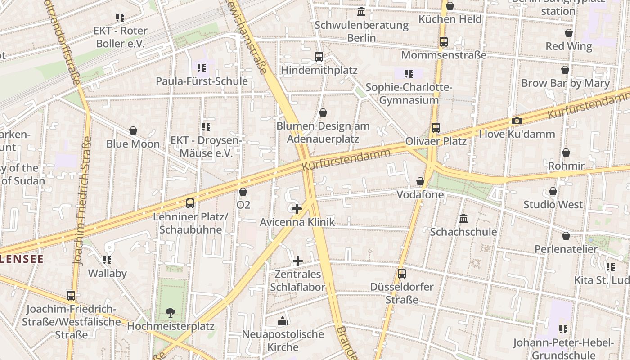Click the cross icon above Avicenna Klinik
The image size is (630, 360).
pyautogui.click(x=297, y=209)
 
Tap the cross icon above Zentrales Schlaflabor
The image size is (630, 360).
pyautogui.click(x=298, y=261)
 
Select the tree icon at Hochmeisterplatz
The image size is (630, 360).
pyautogui.click(x=170, y=312)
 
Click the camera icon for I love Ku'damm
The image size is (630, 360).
pyautogui.click(x=517, y=121)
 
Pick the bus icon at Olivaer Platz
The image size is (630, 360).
pyautogui.click(x=436, y=128)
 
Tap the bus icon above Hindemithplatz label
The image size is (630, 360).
pyautogui.click(x=319, y=57)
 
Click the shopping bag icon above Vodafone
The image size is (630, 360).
pyautogui.click(x=420, y=181)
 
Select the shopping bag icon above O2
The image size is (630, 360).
pyautogui.click(x=243, y=192)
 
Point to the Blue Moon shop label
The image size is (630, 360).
pyautogui.click(x=133, y=144)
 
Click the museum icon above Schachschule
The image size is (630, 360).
pyautogui.click(x=463, y=219)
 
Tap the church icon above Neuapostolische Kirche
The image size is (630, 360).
pyautogui.click(x=283, y=321)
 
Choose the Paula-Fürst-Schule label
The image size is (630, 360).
pyautogui.click(x=202, y=81)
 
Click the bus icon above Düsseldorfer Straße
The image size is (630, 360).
pyautogui.click(x=401, y=274)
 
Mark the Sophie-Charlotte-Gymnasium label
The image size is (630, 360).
pyautogui.click(x=409, y=94)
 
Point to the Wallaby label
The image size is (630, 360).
pyautogui.click(x=107, y=273)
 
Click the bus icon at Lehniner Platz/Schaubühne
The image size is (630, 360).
pyautogui.click(x=190, y=203)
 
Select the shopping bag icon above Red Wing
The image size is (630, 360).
pyautogui.click(x=569, y=33)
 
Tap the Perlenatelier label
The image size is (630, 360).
pyautogui.click(x=566, y=249)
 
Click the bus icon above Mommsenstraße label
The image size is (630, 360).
pyautogui.click(x=444, y=42)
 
